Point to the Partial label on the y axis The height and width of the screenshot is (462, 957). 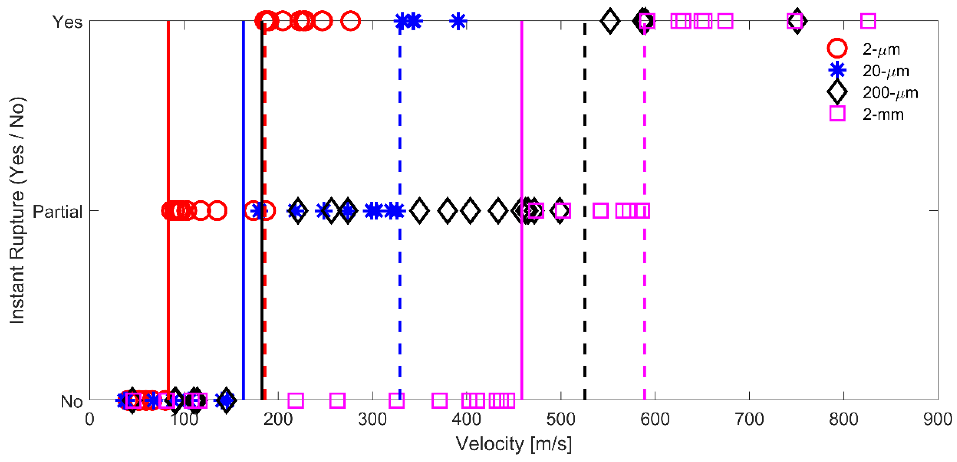point(58,212)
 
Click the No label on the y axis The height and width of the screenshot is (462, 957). point(71,402)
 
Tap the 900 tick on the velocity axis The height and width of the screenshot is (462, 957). point(938,419)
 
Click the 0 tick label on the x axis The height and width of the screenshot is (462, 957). point(90,419)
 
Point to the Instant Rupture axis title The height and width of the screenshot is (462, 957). point(17,210)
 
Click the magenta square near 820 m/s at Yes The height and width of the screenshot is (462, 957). point(868,21)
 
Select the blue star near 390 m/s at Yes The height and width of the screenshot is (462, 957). point(458,21)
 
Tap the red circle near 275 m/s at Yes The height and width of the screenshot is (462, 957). point(350,21)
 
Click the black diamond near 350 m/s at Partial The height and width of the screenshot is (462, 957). point(419,211)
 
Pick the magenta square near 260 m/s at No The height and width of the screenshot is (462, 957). point(337,400)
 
